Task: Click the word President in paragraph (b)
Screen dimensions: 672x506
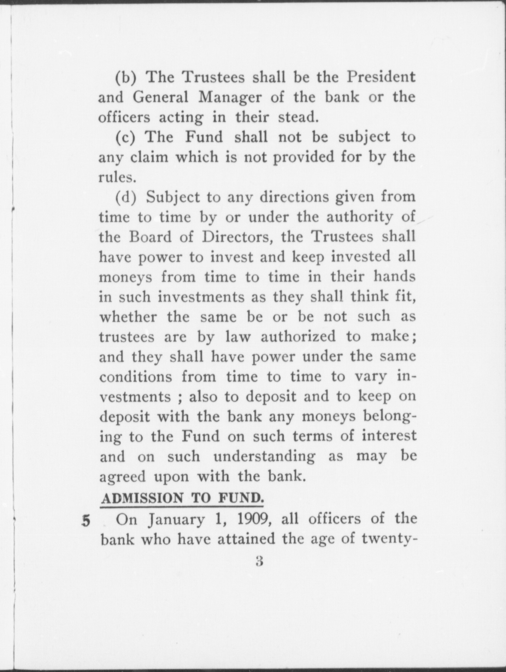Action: point(381,77)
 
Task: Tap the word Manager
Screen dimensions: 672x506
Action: point(230,97)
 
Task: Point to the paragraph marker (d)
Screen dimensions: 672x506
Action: point(126,197)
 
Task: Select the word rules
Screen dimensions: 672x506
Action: point(117,177)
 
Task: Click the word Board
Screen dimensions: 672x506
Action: point(151,237)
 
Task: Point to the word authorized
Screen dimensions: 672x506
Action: point(299,336)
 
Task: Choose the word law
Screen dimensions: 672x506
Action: point(238,336)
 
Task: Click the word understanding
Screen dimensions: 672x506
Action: point(264,456)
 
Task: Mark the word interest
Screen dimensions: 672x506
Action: point(389,436)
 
